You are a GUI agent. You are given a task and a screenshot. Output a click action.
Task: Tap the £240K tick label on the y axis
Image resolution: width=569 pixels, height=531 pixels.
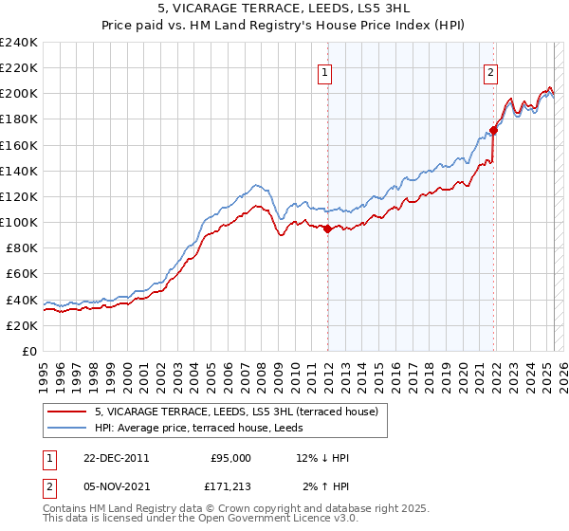[x=19, y=43]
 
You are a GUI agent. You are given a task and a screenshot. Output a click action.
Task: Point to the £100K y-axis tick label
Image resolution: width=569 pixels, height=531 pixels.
[x=19, y=222]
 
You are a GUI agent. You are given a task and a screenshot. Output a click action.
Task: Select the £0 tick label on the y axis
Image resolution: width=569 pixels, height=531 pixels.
[x=28, y=351]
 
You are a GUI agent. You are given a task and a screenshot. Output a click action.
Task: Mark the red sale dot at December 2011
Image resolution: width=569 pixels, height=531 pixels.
[x=327, y=229]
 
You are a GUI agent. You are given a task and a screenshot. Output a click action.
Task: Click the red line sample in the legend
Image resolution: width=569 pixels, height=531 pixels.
[x=68, y=412]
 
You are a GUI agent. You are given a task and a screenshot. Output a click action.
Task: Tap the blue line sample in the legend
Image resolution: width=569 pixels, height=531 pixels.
[x=68, y=428]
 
